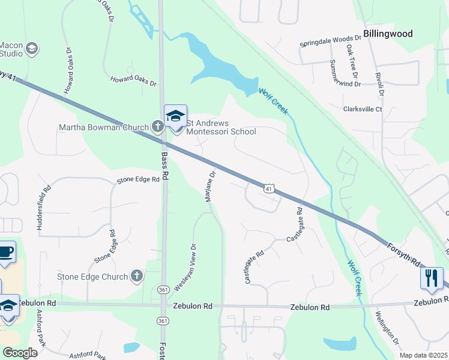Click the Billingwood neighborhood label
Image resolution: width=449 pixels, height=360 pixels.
click(x=388, y=34)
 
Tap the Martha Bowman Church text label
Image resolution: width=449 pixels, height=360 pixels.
click(x=103, y=127)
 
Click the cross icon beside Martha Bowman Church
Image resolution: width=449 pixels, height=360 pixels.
click(x=157, y=126)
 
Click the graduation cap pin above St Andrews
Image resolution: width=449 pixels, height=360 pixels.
click(x=176, y=116)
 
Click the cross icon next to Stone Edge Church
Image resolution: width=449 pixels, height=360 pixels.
click(x=137, y=277)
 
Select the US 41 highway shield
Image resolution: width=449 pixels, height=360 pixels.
click(x=270, y=188)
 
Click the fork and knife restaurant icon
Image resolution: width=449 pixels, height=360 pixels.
click(x=432, y=278)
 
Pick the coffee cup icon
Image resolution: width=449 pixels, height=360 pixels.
click(x=5, y=252)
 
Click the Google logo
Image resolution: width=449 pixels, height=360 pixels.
click(x=20, y=353)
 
